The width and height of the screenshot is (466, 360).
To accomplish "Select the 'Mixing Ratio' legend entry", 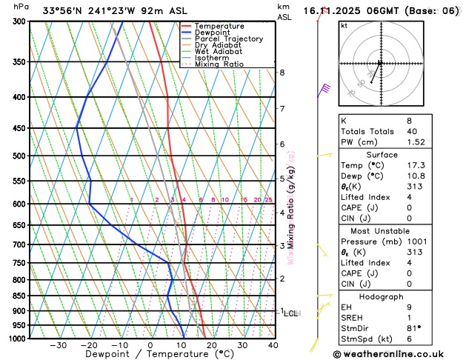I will tap(219, 64).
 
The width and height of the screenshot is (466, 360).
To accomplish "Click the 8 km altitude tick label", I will tap(282, 73).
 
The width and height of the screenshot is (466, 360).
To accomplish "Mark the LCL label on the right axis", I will tap(290, 314).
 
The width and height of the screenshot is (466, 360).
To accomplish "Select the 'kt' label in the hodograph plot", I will tap(344, 25).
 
